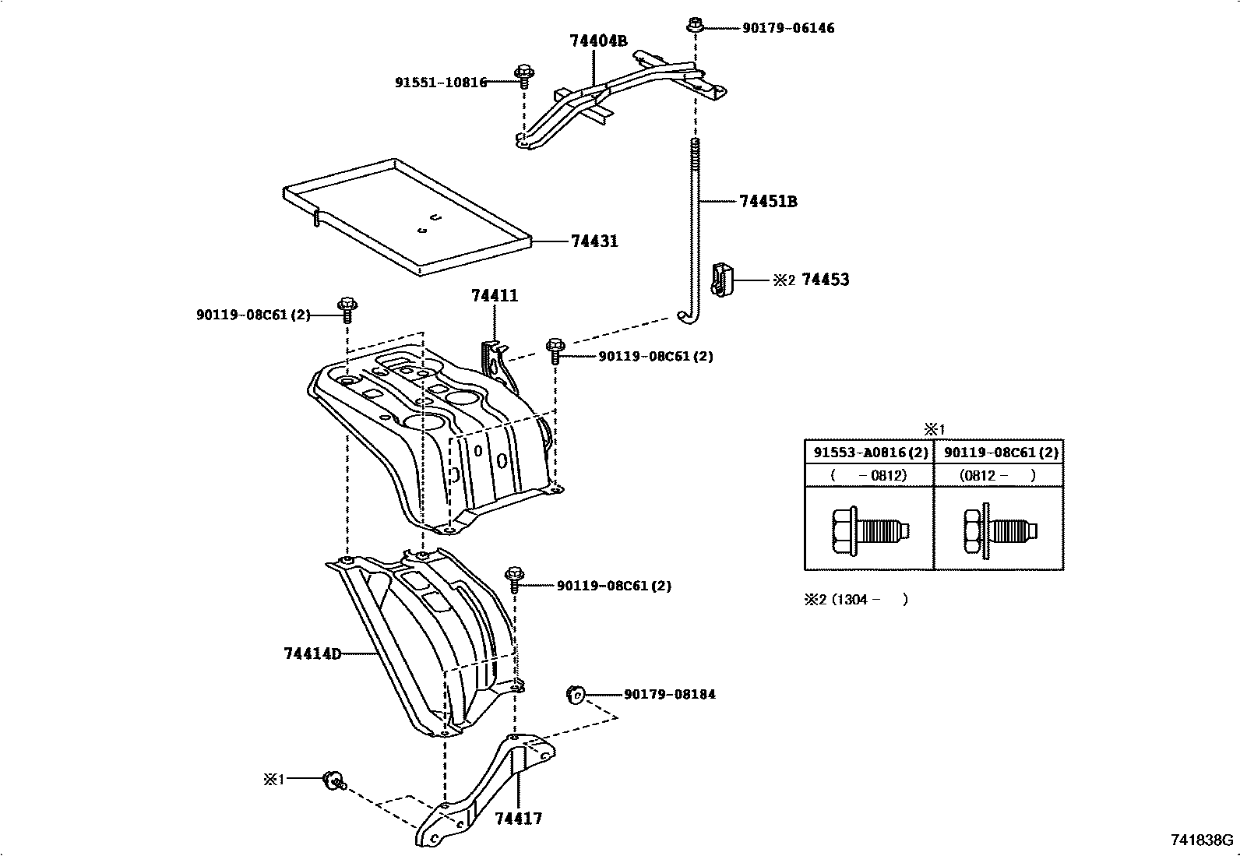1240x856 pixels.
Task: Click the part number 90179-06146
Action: pos(787,28)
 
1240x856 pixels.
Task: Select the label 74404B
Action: pos(597,41)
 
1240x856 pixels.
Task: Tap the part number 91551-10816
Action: pos(440,82)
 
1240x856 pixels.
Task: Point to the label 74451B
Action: pos(767,202)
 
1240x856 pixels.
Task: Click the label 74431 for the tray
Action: pos(594,241)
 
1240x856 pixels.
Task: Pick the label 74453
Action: pos(825,280)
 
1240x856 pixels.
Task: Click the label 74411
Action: pos(494,296)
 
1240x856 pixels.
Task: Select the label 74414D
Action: pos(312,653)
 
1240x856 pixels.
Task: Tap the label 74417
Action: pos(518,819)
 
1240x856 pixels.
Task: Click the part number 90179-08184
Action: pos(669,694)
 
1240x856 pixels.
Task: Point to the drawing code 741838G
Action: pos(1201,840)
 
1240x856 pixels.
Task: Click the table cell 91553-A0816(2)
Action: pos(868,453)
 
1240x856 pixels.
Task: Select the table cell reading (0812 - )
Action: pos(998,475)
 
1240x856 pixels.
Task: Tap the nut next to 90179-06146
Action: pos(695,26)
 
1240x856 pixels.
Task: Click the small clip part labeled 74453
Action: pos(721,279)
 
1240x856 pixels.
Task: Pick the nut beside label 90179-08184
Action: pos(575,693)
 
